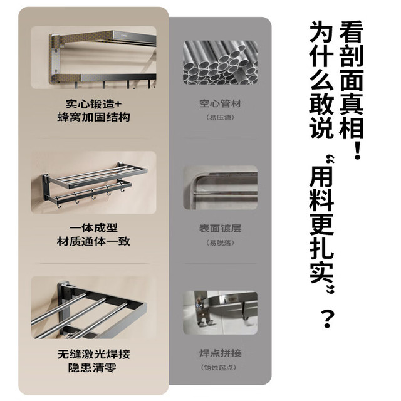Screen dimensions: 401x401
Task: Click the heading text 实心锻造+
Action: tap(93, 104)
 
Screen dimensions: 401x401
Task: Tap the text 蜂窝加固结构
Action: tap(93, 117)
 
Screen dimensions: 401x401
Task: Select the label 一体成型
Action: tap(93, 228)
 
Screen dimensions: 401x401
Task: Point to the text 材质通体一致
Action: tap(93, 241)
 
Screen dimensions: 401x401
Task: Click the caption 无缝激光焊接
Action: tap(93, 354)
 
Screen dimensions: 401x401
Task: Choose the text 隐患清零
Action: tap(92, 368)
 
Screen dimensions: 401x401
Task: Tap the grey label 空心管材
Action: tap(220, 103)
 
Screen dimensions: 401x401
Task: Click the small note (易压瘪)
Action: tap(220, 117)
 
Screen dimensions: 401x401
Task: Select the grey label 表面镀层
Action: tap(220, 228)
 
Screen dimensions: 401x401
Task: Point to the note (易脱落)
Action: tap(220, 242)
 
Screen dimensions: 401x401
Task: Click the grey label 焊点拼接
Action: tap(220, 353)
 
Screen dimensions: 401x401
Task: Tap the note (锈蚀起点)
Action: tap(219, 368)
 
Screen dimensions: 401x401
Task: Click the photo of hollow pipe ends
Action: tap(220, 63)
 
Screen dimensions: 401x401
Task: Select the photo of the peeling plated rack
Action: tap(220, 187)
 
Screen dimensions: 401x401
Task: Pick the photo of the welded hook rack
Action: tap(220, 313)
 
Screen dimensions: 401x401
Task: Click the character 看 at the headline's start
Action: tap(351, 32)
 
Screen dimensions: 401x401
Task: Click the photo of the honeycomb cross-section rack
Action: tap(93, 57)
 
